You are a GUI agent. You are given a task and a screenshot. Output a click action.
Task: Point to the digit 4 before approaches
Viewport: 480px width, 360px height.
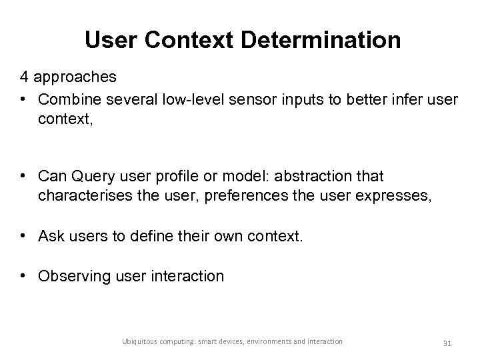pos(23,77)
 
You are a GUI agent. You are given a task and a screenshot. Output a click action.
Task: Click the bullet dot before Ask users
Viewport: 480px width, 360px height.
pos(24,236)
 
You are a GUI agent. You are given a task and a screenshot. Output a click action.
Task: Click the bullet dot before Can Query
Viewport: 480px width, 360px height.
pos(24,177)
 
